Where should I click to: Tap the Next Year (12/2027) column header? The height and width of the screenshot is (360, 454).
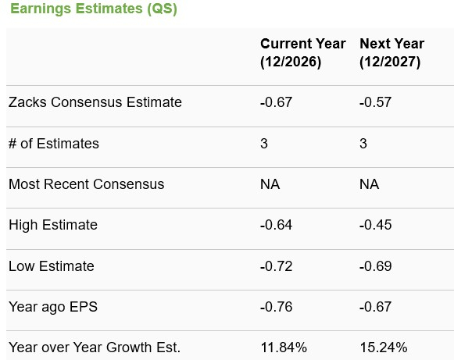point(391,53)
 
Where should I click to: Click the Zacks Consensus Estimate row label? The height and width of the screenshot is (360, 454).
point(95,102)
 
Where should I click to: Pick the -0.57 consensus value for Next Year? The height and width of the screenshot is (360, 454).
point(375,102)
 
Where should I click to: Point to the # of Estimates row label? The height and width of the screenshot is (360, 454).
point(54,144)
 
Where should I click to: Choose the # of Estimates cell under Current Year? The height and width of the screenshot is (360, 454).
point(264,144)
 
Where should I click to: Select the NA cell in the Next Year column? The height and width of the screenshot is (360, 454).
point(369,184)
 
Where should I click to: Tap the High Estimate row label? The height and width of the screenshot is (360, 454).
point(53,225)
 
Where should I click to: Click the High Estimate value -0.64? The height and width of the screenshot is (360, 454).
point(276,225)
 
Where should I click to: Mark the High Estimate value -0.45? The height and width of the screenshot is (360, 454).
point(375,225)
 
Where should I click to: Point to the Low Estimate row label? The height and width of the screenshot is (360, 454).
point(52,266)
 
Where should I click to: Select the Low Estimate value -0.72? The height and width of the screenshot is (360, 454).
point(276,266)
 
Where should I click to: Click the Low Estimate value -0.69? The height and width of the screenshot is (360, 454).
point(375,266)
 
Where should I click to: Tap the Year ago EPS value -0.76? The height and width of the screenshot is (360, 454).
point(276,307)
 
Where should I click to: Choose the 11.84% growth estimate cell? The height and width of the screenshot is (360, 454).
point(282,348)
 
